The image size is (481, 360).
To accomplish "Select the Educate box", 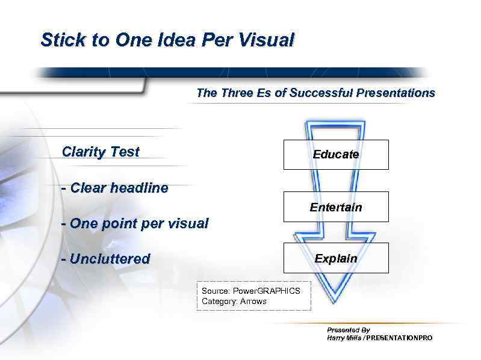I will click(336, 155).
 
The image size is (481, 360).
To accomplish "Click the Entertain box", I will click(336, 207).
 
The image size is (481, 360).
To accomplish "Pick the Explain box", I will click(336, 258).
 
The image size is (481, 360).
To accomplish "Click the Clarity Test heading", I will click(101, 152).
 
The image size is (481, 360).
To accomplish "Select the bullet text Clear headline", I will click(119, 188).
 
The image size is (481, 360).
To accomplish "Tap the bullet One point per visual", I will click(138, 223).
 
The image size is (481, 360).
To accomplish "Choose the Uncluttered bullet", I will click(110, 259).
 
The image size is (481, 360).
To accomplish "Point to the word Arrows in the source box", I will click(253, 301).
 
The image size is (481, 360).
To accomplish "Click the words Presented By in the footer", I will click(348, 330).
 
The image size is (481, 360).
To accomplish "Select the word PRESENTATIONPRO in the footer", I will click(399, 338).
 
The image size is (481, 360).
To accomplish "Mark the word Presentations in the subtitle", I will click(396, 93).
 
